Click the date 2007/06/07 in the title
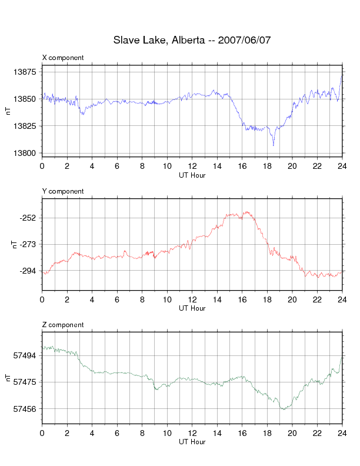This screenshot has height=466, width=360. point(244,41)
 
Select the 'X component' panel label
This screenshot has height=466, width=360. point(63,58)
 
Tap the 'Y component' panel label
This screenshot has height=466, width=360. point(63,191)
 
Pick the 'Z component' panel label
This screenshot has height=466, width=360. point(63,325)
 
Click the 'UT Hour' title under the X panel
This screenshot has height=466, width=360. point(192,175)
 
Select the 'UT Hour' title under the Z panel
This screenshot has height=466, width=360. point(192,442)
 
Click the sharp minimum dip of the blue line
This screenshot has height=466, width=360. point(273,145)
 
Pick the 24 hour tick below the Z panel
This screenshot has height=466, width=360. point(342,433)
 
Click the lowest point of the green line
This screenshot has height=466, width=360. point(283,409)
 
